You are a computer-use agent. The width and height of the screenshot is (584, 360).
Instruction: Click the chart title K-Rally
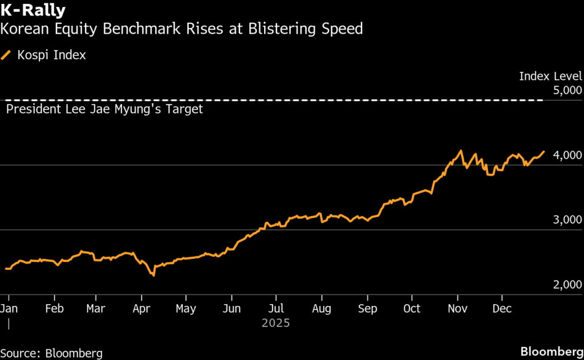[x=33, y=10]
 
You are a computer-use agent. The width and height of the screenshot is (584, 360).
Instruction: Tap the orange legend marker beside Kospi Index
[x=7, y=55]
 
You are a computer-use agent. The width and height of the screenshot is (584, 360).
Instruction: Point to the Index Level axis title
[x=550, y=76]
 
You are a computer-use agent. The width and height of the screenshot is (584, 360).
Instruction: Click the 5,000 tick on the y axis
[x=567, y=90]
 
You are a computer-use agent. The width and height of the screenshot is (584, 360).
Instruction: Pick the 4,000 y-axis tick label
[x=567, y=155]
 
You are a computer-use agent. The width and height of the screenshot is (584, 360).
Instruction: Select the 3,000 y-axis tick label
[x=567, y=220]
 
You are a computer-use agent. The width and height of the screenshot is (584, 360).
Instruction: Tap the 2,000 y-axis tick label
[x=567, y=285]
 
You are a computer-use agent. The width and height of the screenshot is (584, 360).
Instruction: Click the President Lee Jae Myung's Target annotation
[x=104, y=109]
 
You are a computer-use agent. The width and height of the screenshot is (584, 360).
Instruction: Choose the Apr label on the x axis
[x=141, y=309]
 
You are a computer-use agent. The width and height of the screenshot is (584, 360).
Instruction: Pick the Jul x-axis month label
[x=275, y=309]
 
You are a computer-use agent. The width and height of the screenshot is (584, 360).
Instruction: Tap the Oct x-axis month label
[x=411, y=309]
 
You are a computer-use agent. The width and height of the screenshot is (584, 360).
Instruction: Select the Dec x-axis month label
[x=502, y=309]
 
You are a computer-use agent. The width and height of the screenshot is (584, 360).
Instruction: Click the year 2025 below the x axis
[x=276, y=323]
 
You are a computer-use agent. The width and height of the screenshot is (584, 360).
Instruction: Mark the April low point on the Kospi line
[x=153, y=276]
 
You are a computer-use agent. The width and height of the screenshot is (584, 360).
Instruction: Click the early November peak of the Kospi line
[x=460, y=151]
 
